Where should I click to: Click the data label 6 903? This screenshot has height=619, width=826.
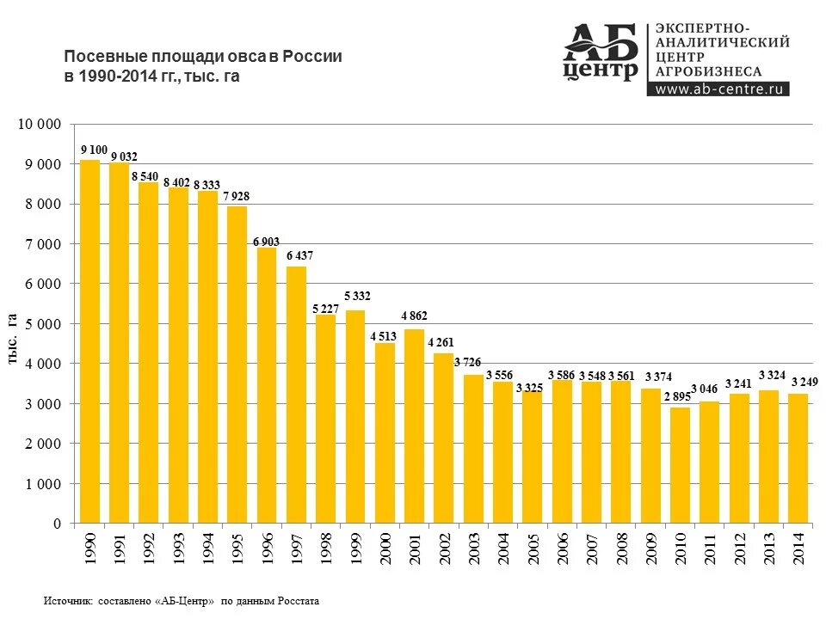[266, 242]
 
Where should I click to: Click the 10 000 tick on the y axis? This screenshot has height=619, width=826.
[40, 125]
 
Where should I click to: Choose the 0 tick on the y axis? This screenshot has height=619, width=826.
[57, 524]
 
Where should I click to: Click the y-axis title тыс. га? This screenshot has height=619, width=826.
[14, 339]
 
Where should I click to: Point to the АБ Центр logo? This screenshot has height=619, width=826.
[601, 53]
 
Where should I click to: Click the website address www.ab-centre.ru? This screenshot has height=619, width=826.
[718, 89]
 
